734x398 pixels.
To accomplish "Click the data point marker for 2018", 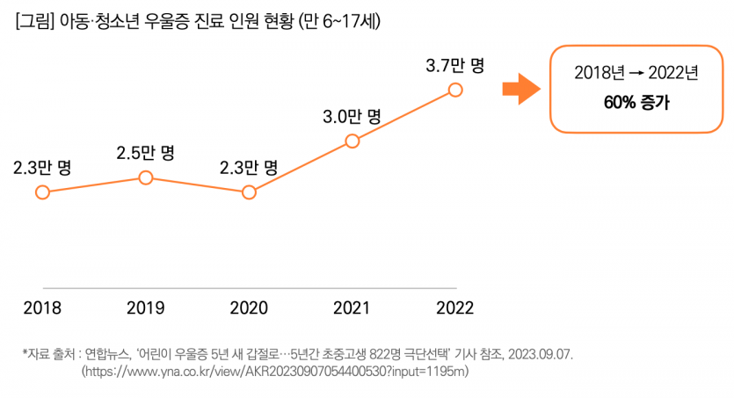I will tap(42, 192).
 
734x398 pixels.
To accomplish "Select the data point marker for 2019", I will tap(146, 178).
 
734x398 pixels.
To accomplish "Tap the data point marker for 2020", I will tap(249, 192).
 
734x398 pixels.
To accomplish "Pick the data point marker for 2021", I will tap(352, 141).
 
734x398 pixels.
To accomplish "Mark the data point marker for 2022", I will tap(454, 89).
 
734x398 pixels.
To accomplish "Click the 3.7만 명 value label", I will tap(454, 64).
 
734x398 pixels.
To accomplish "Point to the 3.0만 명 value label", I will tap(352, 115).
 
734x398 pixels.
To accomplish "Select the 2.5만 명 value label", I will tap(145, 153).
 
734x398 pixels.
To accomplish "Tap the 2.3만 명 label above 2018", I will tap(42, 167).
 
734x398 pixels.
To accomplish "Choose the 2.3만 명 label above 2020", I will tap(249, 167).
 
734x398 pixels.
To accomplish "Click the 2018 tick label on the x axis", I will tap(42, 308).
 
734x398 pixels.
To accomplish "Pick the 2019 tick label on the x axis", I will tap(145, 308).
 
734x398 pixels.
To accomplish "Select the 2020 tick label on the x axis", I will tap(249, 308).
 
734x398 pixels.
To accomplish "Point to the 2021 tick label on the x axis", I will tap(352, 308).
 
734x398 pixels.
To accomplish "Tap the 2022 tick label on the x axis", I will tap(454, 308).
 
